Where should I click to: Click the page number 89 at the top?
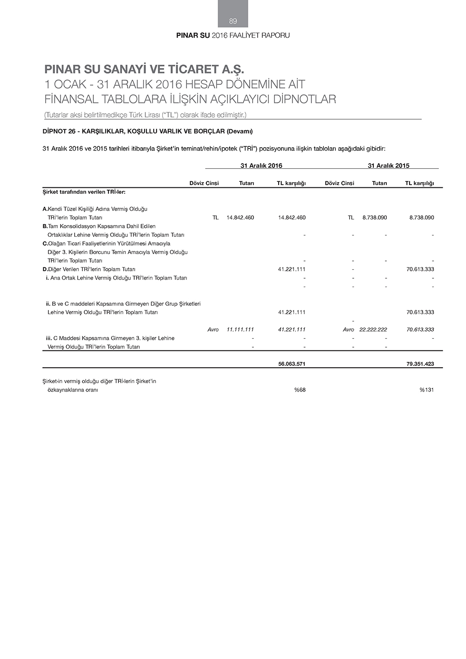(233, 21)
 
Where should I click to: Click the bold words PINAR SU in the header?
(193, 35)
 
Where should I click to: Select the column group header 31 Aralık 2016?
(261, 165)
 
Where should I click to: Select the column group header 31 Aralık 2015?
(389, 165)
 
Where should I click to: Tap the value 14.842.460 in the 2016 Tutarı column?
(240, 218)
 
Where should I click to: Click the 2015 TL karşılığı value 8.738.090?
(421, 218)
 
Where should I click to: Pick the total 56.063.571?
(292, 364)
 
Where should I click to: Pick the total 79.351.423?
(420, 364)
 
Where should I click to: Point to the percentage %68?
(300, 390)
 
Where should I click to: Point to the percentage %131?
(426, 390)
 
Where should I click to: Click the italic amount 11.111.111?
(240, 329)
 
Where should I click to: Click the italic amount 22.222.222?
(373, 329)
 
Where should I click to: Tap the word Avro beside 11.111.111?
(213, 329)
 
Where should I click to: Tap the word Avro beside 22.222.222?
(348, 329)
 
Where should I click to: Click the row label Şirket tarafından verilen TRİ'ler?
(84, 192)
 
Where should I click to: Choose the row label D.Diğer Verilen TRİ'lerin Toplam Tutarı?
(89, 269)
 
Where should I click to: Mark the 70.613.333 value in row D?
(420, 269)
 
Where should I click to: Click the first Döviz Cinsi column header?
(204, 183)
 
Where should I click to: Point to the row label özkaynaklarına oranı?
(73, 390)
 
